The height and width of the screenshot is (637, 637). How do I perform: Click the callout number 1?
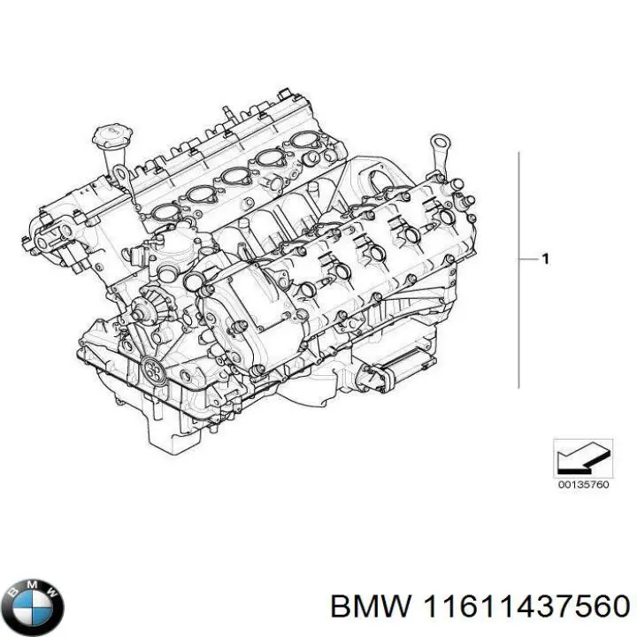click(x=546, y=259)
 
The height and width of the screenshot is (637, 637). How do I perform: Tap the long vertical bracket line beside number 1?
click(x=518, y=265)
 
